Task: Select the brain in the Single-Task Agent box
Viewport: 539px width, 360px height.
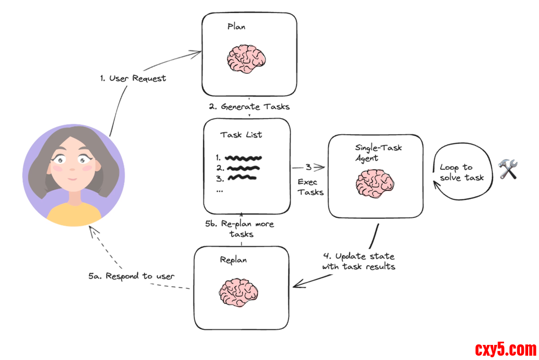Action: pyautogui.click(x=375, y=183)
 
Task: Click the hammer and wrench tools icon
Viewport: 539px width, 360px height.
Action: pyautogui.click(x=508, y=169)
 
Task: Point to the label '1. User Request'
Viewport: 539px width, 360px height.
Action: pyautogui.click(x=133, y=78)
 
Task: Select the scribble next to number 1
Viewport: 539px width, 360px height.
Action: pyautogui.click(x=244, y=158)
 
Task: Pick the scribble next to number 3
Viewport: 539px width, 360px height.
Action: pyautogui.click(x=240, y=178)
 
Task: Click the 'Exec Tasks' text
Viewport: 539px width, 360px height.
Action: pyautogui.click(x=310, y=187)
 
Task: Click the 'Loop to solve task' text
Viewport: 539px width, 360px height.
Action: pyautogui.click(x=461, y=172)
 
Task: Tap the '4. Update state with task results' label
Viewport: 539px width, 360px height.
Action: pyautogui.click(x=358, y=261)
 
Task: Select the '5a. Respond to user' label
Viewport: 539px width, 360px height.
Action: pyautogui.click(x=132, y=276)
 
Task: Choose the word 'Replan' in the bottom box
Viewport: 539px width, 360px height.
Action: pyautogui.click(x=233, y=260)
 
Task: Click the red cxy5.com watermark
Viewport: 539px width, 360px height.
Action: pyautogui.click(x=505, y=349)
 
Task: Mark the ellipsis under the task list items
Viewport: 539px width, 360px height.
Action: pyautogui.click(x=219, y=190)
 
